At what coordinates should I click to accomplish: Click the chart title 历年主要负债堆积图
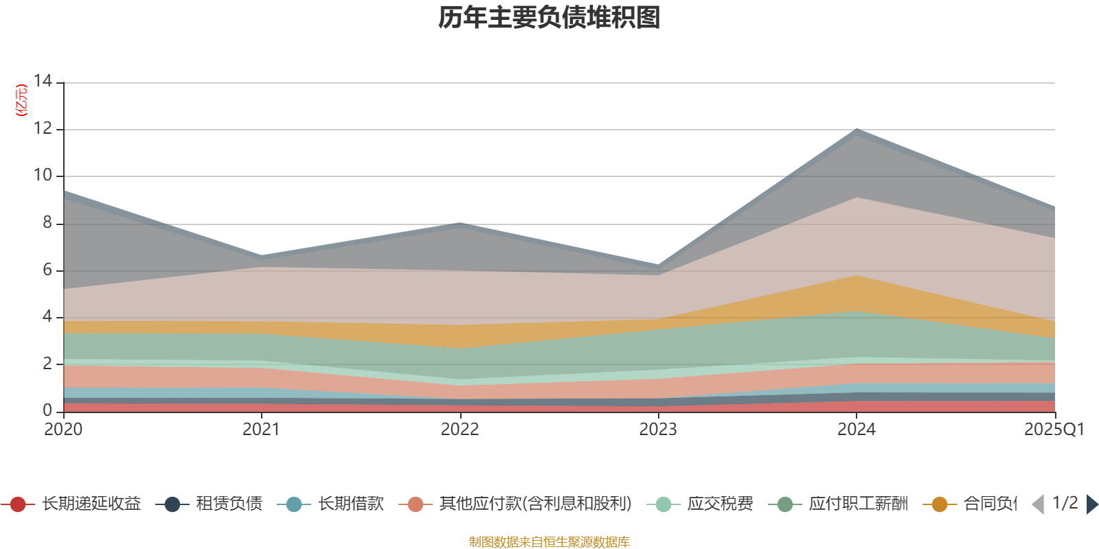click(x=549, y=18)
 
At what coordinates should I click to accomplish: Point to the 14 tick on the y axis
click(x=43, y=81)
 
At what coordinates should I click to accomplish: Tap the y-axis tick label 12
click(x=43, y=128)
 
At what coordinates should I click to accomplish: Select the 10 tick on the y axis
click(x=43, y=175)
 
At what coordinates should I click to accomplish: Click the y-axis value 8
click(x=47, y=222)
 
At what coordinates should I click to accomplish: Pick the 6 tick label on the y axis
click(x=47, y=270)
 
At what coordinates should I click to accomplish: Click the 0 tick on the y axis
click(x=47, y=410)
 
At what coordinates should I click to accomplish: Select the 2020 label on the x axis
click(x=63, y=430)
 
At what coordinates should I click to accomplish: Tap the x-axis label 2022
click(x=460, y=430)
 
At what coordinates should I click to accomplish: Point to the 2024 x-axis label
click(x=856, y=430)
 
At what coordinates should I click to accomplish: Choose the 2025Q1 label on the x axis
click(x=1054, y=430)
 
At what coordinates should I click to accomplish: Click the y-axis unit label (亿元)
click(x=22, y=100)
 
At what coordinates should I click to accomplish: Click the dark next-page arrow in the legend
click(x=1091, y=504)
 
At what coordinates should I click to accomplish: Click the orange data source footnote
click(x=549, y=542)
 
